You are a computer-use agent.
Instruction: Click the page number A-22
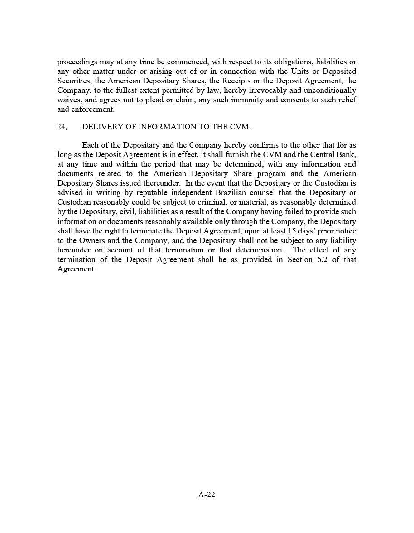point(207,495)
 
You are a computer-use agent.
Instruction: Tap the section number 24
point(62,127)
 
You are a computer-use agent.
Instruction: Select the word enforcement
point(92,109)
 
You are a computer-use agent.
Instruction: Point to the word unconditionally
point(326,90)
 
